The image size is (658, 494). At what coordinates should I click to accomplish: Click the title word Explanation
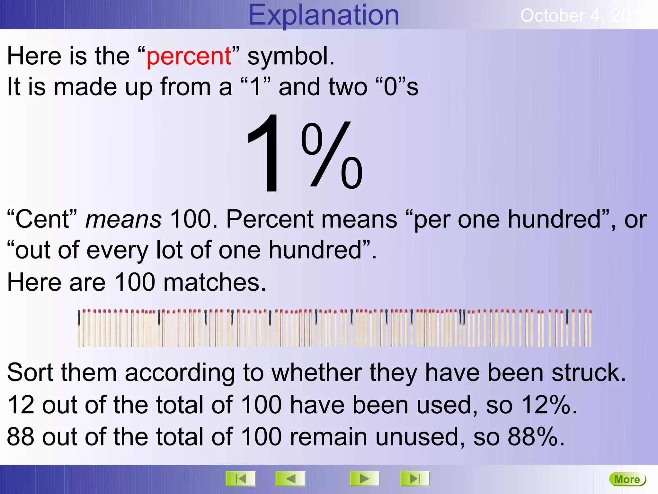pos(323,15)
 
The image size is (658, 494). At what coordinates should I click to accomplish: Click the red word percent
pos(189,56)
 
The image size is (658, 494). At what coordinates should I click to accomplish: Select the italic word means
pos(123,219)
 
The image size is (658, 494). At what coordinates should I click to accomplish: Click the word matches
pos(215,282)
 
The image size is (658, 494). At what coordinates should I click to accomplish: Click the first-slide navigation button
pos(241,479)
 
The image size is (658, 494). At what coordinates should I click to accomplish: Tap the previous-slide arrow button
pos(290,479)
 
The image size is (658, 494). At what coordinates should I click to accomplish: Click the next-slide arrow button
pos(364,479)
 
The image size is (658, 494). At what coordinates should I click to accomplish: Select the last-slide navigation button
pos(415,479)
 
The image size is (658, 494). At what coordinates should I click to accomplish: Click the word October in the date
pos(552,15)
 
